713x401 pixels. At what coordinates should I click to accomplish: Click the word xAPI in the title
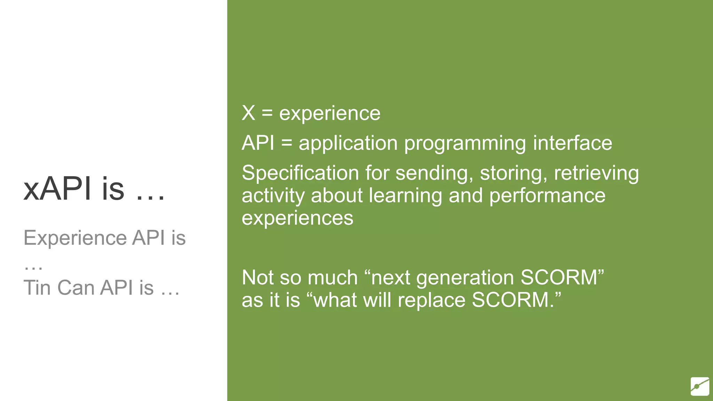57,189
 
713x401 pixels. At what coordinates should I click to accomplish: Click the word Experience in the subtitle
75,238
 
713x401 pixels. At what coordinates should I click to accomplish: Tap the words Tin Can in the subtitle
59,288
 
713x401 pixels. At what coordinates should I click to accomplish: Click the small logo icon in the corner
700,386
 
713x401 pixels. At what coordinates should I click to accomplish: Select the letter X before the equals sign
248,113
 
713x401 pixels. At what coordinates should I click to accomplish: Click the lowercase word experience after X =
330,114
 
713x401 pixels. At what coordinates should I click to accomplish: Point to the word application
348,143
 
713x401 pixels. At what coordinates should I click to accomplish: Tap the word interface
572,143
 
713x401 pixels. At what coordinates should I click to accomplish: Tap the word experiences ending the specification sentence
297,218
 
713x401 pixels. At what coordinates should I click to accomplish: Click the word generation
465,278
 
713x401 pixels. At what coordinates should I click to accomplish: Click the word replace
431,300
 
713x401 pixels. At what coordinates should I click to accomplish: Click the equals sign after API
287,143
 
